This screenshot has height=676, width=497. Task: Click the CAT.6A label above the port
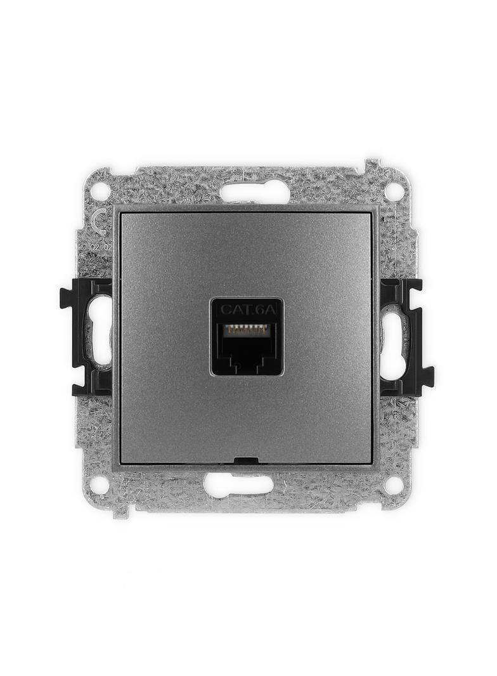click(x=247, y=309)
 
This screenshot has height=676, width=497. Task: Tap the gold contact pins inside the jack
click(x=247, y=330)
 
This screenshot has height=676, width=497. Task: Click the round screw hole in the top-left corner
click(x=100, y=190)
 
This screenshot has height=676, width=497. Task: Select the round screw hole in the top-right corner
click(x=394, y=190)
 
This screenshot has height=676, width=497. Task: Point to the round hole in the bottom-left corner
click(x=99, y=485)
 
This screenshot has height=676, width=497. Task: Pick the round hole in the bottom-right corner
click(x=394, y=485)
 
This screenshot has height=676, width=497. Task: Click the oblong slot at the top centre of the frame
click(x=254, y=191)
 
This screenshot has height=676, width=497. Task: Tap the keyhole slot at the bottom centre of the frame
click(x=238, y=485)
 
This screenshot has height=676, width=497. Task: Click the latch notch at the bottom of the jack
click(x=247, y=365)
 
